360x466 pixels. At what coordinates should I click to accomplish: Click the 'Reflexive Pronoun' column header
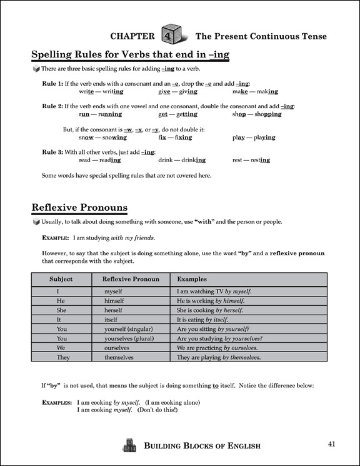[131, 279]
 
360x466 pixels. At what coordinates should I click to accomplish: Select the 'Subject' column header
[61, 279]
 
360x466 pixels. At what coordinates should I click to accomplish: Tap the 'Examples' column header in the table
[192, 279]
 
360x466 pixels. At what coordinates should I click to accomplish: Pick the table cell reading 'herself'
[117, 310]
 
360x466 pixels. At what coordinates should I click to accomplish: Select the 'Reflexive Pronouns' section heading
[79, 207]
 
